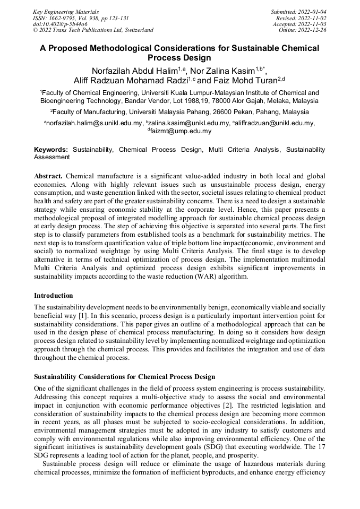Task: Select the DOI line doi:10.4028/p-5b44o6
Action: [60, 24]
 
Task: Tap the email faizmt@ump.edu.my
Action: [181, 131]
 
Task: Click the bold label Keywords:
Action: [51, 150]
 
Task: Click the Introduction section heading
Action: [54, 295]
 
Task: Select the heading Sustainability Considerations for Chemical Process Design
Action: [125, 377]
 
